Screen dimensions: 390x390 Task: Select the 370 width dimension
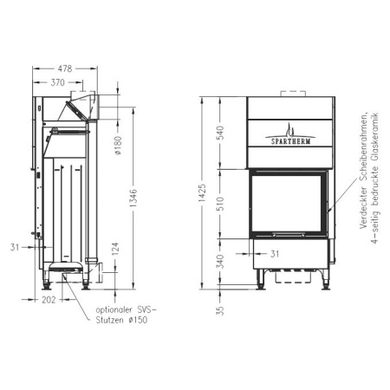(x=59, y=81)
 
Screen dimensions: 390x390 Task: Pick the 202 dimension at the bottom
(x=48, y=299)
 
